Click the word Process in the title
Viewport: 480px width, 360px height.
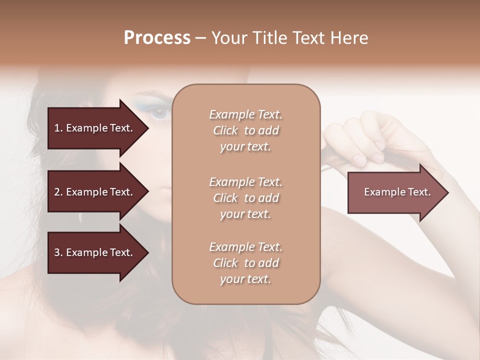click(157, 38)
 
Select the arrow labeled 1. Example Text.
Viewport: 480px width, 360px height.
click(93, 128)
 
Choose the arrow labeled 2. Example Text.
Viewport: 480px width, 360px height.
click(93, 192)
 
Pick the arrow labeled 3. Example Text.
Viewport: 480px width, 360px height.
click(93, 252)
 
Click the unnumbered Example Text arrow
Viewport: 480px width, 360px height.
click(397, 192)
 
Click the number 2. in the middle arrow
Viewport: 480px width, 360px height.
click(58, 192)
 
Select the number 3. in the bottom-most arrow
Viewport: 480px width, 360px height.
click(58, 252)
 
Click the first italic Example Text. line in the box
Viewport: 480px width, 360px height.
click(245, 114)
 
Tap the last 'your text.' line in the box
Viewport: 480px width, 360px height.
click(245, 279)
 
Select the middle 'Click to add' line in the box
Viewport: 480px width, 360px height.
click(245, 198)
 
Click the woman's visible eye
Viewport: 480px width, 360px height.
click(159, 113)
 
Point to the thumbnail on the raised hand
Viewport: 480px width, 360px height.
click(359, 159)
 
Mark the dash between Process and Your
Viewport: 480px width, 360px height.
click(201, 38)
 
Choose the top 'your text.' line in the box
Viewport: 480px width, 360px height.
click(245, 146)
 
